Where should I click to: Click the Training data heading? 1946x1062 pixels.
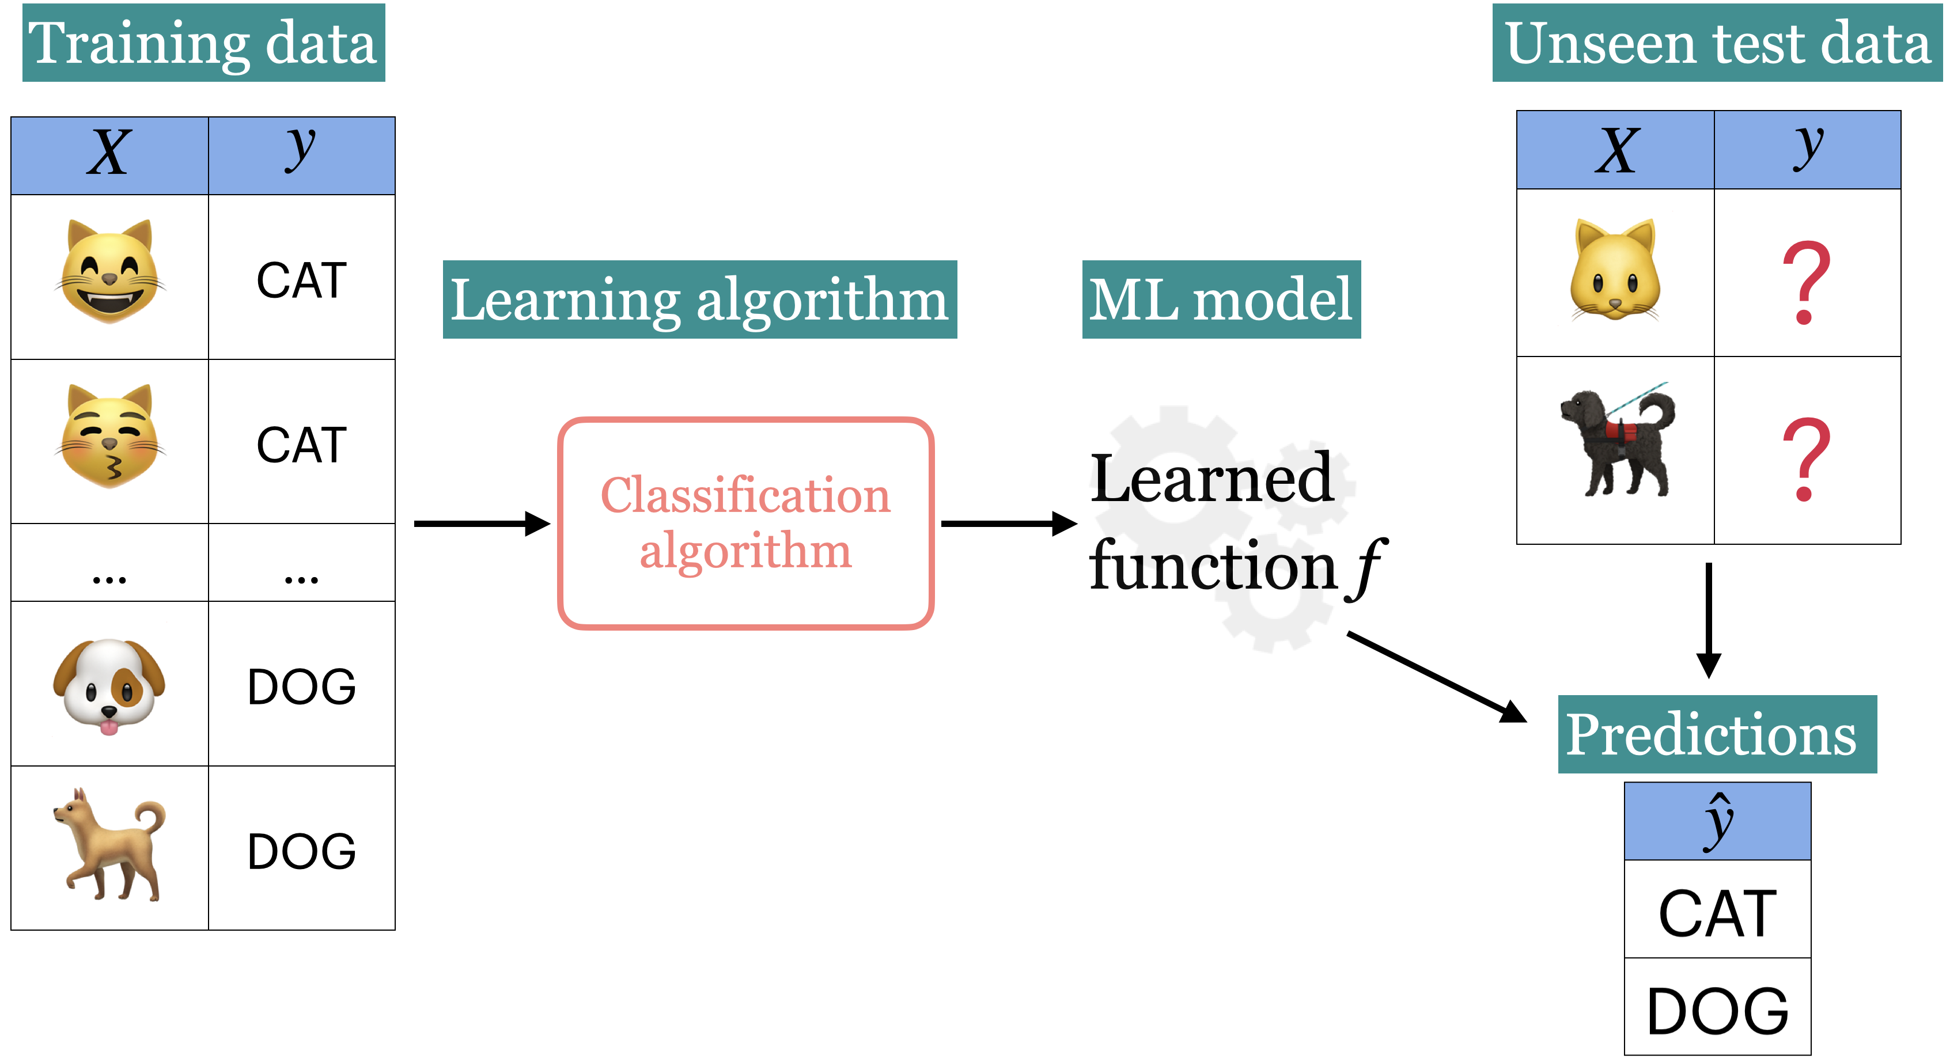(x=203, y=43)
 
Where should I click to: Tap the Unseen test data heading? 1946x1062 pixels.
(x=1717, y=43)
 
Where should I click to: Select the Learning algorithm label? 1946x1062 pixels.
(x=699, y=300)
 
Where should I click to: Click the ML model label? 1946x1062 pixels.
(x=1221, y=300)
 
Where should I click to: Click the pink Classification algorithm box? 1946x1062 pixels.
(x=745, y=523)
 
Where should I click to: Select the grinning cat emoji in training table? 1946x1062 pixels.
(x=110, y=271)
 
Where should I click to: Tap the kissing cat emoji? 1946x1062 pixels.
(x=110, y=436)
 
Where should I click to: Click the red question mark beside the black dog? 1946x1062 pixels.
(x=1806, y=459)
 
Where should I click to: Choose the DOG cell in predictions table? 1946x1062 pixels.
(x=1717, y=1010)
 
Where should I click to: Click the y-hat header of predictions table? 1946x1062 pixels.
(x=1717, y=822)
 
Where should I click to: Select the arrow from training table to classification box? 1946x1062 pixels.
(x=481, y=524)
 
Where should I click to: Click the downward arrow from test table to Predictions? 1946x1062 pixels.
(x=1709, y=619)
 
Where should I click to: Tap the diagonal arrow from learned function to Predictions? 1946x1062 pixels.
(x=1436, y=677)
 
